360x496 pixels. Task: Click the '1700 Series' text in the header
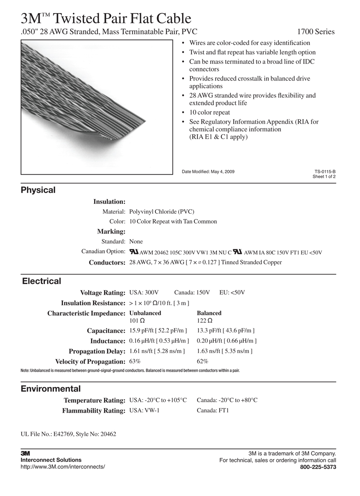coord(316,32)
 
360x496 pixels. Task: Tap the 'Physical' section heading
coord(38,190)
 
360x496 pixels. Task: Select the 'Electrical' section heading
coord(41,281)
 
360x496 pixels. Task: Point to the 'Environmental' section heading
coord(51,388)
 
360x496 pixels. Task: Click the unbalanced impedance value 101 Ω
coord(137,321)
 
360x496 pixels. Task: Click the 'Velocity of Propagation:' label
coord(90,361)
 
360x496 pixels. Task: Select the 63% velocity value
coord(135,361)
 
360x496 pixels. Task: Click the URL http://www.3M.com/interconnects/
coord(63,467)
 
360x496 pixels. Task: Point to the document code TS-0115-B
coord(325,171)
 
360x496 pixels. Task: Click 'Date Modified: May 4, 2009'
coord(208,171)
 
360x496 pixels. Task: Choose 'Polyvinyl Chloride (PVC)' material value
coord(162,211)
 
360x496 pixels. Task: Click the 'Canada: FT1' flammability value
coord(213,410)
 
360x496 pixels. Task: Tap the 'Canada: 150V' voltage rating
coord(192,293)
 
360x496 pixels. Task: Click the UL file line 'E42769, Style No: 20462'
coord(68,434)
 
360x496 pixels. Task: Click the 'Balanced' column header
coord(209,313)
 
